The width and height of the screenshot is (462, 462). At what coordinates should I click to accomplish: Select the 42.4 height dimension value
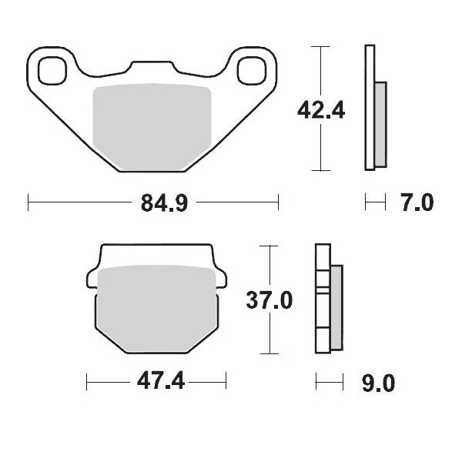[321, 111]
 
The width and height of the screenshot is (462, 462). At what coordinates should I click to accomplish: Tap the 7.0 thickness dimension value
[416, 204]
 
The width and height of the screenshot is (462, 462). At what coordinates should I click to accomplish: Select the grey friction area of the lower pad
[158, 308]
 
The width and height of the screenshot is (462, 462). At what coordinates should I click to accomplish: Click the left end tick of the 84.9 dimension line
[28, 203]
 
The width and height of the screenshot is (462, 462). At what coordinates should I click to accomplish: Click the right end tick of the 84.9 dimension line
[278, 203]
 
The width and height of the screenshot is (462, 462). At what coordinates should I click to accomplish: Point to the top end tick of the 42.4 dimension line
[317, 46]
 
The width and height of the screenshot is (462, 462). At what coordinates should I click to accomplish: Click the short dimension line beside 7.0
[374, 203]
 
